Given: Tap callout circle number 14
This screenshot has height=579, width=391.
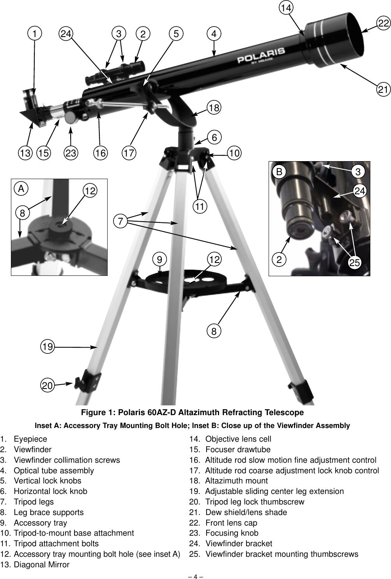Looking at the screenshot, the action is pos(287,8).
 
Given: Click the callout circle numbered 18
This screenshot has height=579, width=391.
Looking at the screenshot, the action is pos(214,107).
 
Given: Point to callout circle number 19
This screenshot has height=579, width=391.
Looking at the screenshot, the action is pos(48,346).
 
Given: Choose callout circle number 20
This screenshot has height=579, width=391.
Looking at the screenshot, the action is pos(48,385).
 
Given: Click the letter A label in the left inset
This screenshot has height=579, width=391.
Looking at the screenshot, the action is pos(21,189).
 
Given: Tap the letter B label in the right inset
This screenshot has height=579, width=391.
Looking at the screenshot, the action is pos(279,172).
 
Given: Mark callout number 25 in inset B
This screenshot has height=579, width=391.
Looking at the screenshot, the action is pos(354,263).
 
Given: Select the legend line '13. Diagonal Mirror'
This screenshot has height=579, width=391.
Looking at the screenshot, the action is pos(35,565).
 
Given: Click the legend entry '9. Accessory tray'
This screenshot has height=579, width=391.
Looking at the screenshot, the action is pos(34,523).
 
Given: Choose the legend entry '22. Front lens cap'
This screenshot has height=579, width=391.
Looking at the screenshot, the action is pos(223,523).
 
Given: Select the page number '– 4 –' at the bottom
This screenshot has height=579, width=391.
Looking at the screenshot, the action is pos(195,575).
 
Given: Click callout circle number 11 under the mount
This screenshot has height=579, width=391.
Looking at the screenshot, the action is pos(200,206).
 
